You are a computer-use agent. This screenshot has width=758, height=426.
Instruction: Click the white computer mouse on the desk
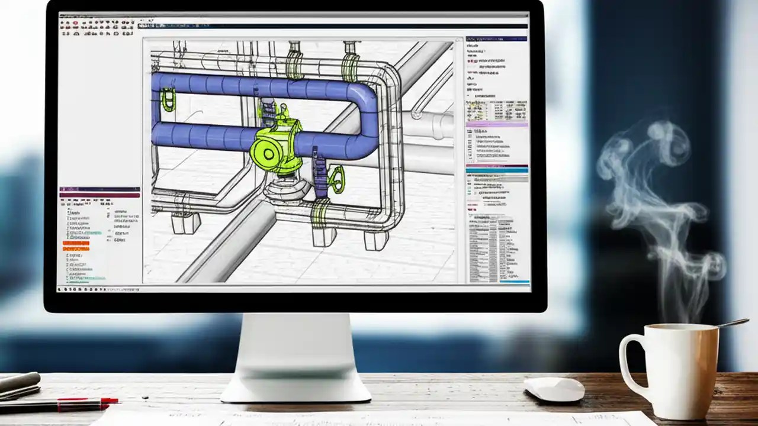click(x=554, y=389)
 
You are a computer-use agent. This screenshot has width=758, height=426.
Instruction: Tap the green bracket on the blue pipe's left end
click(x=169, y=99)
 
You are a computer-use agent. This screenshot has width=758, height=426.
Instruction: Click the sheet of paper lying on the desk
click(x=379, y=418)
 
